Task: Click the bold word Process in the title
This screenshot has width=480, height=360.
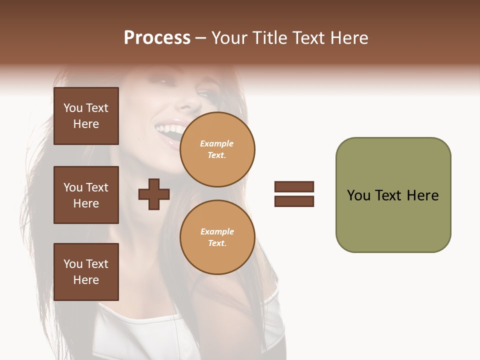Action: click(157, 38)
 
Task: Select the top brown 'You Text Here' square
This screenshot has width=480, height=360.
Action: click(86, 116)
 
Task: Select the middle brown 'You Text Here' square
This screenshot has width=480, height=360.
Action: click(86, 195)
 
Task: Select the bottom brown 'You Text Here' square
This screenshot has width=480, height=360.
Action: click(86, 272)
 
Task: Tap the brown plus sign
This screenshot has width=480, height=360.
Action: click(154, 194)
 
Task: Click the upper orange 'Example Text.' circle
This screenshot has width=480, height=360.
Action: click(217, 149)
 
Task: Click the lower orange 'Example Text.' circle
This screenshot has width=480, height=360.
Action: click(217, 237)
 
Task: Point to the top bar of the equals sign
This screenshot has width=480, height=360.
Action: click(294, 186)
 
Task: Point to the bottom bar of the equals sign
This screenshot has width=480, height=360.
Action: click(294, 201)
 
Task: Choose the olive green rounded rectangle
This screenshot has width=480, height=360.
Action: click(393, 220)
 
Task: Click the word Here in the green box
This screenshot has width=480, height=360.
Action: click(422, 195)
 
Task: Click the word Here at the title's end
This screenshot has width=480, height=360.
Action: click(350, 38)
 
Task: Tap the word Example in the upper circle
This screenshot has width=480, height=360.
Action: click(217, 143)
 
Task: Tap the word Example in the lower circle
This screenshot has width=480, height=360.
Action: click(217, 231)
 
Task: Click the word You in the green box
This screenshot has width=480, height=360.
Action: click(358, 195)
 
